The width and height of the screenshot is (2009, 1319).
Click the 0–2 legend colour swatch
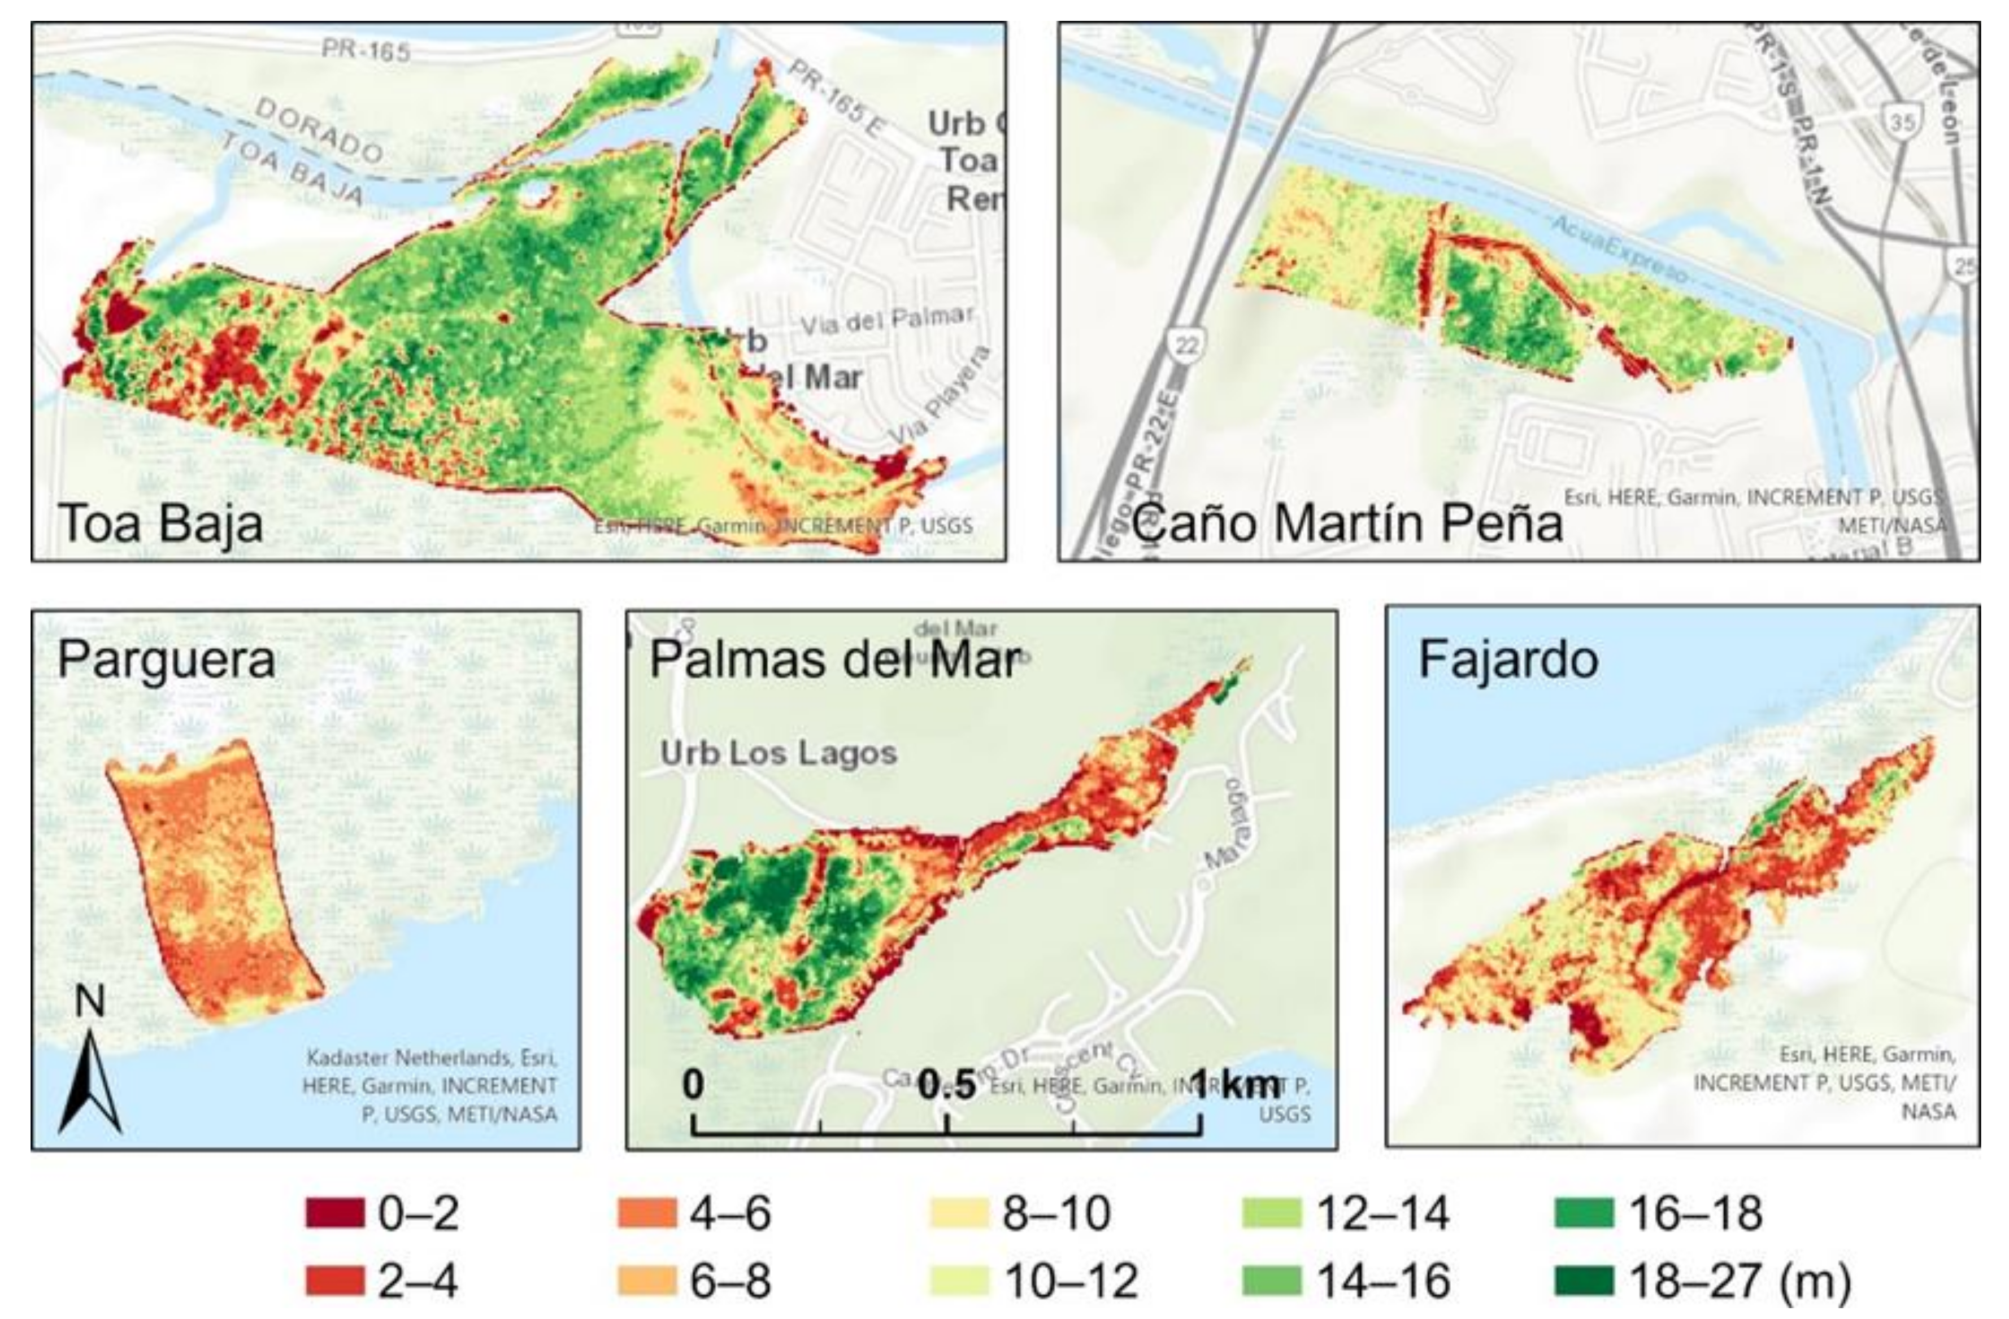tap(334, 1213)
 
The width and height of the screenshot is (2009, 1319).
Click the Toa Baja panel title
tap(160, 523)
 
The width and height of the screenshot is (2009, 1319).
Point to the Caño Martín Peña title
tap(1346, 523)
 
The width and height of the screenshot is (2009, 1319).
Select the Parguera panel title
tap(166, 660)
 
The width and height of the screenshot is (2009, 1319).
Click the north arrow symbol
tap(89, 1080)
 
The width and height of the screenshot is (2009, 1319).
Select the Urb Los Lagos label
tap(779, 753)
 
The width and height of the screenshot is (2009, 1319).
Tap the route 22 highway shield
tap(1186, 344)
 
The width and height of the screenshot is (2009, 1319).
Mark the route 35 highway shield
tap(1901, 123)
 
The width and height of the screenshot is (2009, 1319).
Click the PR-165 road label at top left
tap(366, 51)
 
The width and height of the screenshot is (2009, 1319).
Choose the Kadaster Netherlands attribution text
tap(431, 1058)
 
